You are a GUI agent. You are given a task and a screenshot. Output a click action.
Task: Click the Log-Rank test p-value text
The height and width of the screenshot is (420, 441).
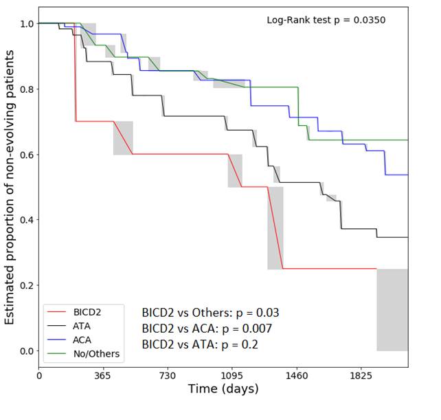pyautogui.click(x=326, y=20)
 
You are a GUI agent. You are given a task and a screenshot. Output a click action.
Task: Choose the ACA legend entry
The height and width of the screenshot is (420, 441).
pyautogui.click(x=82, y=340)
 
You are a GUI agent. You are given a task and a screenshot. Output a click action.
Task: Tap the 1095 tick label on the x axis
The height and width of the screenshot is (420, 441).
pyautogui.click(x=232, y=376)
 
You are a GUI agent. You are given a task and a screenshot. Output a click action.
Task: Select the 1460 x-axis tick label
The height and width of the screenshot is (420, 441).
pyautogui.click(x=297, y=376)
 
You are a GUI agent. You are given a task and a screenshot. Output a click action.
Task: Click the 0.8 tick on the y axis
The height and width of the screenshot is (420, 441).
pyautogui.click(x=26, y=89)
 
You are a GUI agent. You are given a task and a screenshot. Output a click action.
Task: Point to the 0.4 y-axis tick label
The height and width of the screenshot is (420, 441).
pyautogui.click(x=26, y=220)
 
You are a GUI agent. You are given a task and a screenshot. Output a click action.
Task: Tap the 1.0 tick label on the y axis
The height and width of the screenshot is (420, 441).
pyautogui.click(x=26, y=24)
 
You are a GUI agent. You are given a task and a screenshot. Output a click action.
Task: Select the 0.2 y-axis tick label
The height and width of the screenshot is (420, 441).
pyautogui.click(x=26, y=285)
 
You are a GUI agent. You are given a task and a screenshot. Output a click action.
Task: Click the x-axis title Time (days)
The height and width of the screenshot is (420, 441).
pyautogui.click(x=223, y=390)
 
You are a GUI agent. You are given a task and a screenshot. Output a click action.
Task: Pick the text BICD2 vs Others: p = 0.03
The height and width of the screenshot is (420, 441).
pyautogui.click(x=210, y=313)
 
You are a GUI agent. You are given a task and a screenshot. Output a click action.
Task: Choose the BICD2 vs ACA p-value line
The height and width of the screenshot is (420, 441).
pyautogui.click(x=207, y=329)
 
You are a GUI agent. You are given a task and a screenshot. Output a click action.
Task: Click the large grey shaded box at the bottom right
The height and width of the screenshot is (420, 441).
pyautogui.click(x=392, y=309)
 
